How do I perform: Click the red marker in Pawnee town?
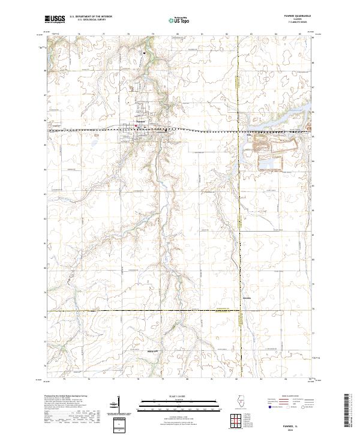(x=136, y=126)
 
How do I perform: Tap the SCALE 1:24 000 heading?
(x=179, y=394)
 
